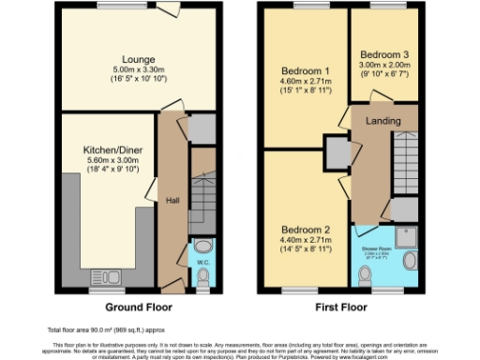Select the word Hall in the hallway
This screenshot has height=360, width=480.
172,200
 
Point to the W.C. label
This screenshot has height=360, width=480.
202,262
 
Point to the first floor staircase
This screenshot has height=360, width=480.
405,159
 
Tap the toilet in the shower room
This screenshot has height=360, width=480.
367,274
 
